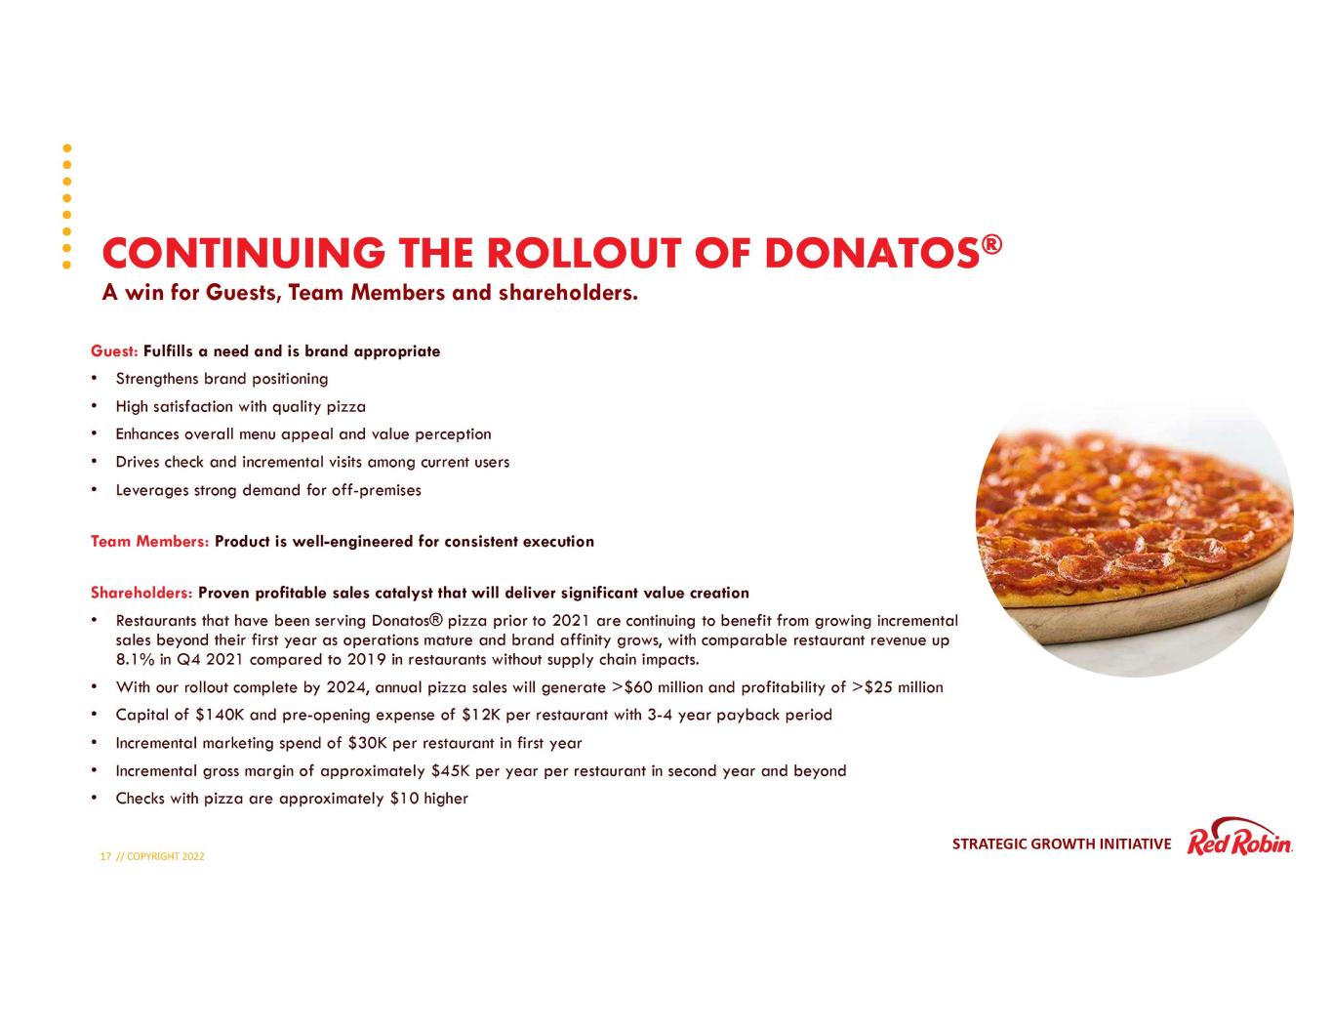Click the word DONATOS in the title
coord(871,254)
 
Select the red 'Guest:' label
coord(114,351)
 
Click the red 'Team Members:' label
coord(149,542)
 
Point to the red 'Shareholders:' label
coord(141,594)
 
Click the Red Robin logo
coord(1239,839)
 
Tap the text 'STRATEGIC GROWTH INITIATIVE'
coord(1061,845)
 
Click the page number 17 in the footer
coord(105,857)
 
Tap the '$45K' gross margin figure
coord(450,771)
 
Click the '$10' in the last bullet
coord(403,799)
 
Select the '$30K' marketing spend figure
coord(367,743)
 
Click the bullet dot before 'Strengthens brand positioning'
coord(94,379)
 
